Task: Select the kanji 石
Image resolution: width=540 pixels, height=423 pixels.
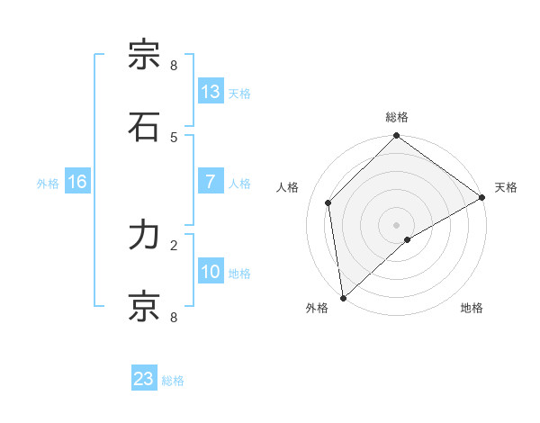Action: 144,126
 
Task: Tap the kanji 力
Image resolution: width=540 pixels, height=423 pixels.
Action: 144,235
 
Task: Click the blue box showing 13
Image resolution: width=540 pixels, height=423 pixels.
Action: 210,92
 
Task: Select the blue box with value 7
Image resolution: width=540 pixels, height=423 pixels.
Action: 210,182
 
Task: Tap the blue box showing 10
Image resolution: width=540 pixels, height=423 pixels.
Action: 210,272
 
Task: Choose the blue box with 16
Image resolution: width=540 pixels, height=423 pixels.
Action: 77,182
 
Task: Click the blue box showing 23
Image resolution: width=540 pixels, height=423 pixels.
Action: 144,379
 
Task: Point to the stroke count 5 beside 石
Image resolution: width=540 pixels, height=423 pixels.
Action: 174,137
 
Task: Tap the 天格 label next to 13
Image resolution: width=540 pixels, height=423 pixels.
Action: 239,94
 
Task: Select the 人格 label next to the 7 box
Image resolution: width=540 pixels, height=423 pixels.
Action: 239,184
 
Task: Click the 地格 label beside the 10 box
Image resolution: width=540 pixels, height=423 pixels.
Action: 239,274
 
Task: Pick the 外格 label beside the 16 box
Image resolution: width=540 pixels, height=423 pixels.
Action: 48,184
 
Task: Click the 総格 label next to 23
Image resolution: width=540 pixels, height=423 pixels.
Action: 174,381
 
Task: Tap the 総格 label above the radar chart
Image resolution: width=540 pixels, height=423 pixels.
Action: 397,117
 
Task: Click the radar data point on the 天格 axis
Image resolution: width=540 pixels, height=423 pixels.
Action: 481,198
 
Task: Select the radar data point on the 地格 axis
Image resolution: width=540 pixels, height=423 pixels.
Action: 408,239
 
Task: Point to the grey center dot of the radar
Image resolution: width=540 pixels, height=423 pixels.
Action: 397,225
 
